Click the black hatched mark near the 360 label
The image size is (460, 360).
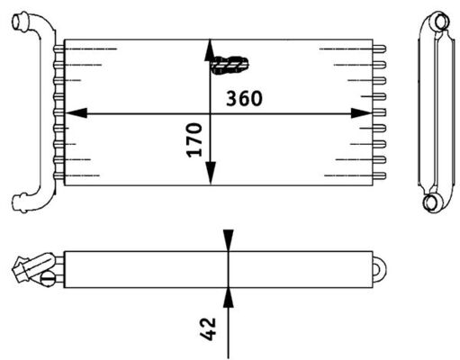coord(231,64)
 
